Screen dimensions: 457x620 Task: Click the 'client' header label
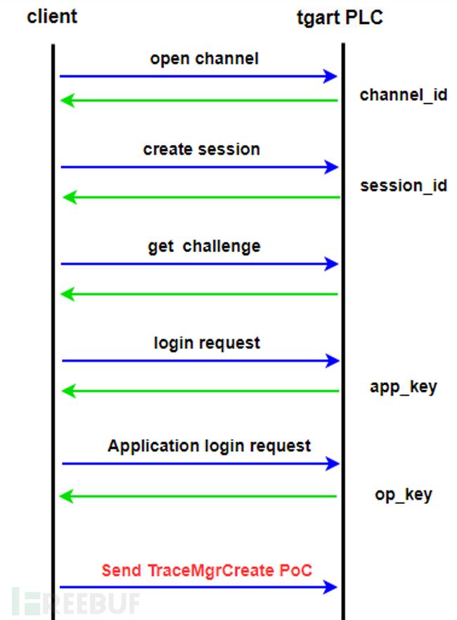pyautogui.click(x=52, y=17)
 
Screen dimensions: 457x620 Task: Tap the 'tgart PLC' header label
pyautogui.click(x=340, y=18)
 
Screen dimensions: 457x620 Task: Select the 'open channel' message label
pyautogui.click(x=204, y=59)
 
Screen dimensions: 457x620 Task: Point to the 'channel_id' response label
pyautogui.click(x=404, y=95)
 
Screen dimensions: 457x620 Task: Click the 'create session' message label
pyautogui.click(x=202, y=149)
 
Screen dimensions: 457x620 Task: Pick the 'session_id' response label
pyautogui.click(x=404, y=186)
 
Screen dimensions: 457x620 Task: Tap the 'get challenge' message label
pyautogui.click(x=204, y=246)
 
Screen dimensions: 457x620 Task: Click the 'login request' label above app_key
pyautogui.click(x=207, y=343)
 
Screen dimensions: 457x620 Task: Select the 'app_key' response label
pyautogui.click(x=404, y=387)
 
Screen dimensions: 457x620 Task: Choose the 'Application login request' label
pyautogui.click(x=209, y=446)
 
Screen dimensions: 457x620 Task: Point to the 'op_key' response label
pyautogui.click(x=404, y=495)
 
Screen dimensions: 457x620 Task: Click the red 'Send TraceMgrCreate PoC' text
pyautogui.click(x=207, y=571)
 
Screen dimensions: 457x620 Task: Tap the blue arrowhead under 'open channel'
pyautogui.click(x=330, y=76)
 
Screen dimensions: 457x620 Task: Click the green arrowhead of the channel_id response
pyautogui.click(x=67, y=101)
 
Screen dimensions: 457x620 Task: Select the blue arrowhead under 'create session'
pyautogui.click(x=331, y=167)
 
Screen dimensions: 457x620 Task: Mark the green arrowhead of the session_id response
pyautogui.click(x=70, y=197)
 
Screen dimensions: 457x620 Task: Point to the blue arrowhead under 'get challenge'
pyautogui.click(x=331, y=264)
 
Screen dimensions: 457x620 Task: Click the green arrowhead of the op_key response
pyautogui.click(x=66, y=496)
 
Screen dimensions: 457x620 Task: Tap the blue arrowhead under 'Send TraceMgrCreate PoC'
pyautogui.click(x=330, y=587)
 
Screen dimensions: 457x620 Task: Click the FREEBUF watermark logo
pyautogui.click(x=76, y=602)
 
